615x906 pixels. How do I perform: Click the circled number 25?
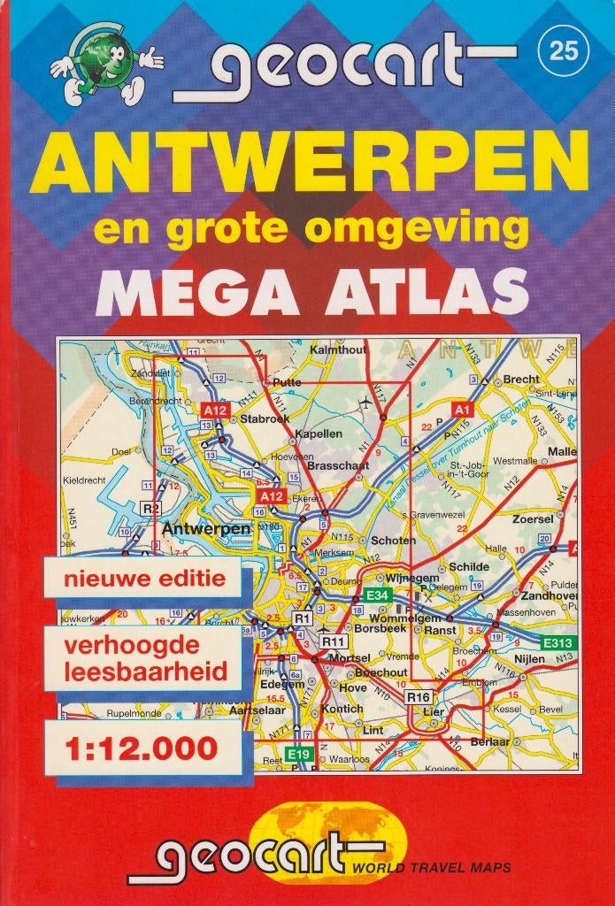coord(564,51)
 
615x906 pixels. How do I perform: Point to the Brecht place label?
coord(520,380)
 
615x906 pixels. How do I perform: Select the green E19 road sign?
coord(299,754)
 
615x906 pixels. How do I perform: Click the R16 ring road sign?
coord(418,697)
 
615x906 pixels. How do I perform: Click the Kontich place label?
coord(342,709)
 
